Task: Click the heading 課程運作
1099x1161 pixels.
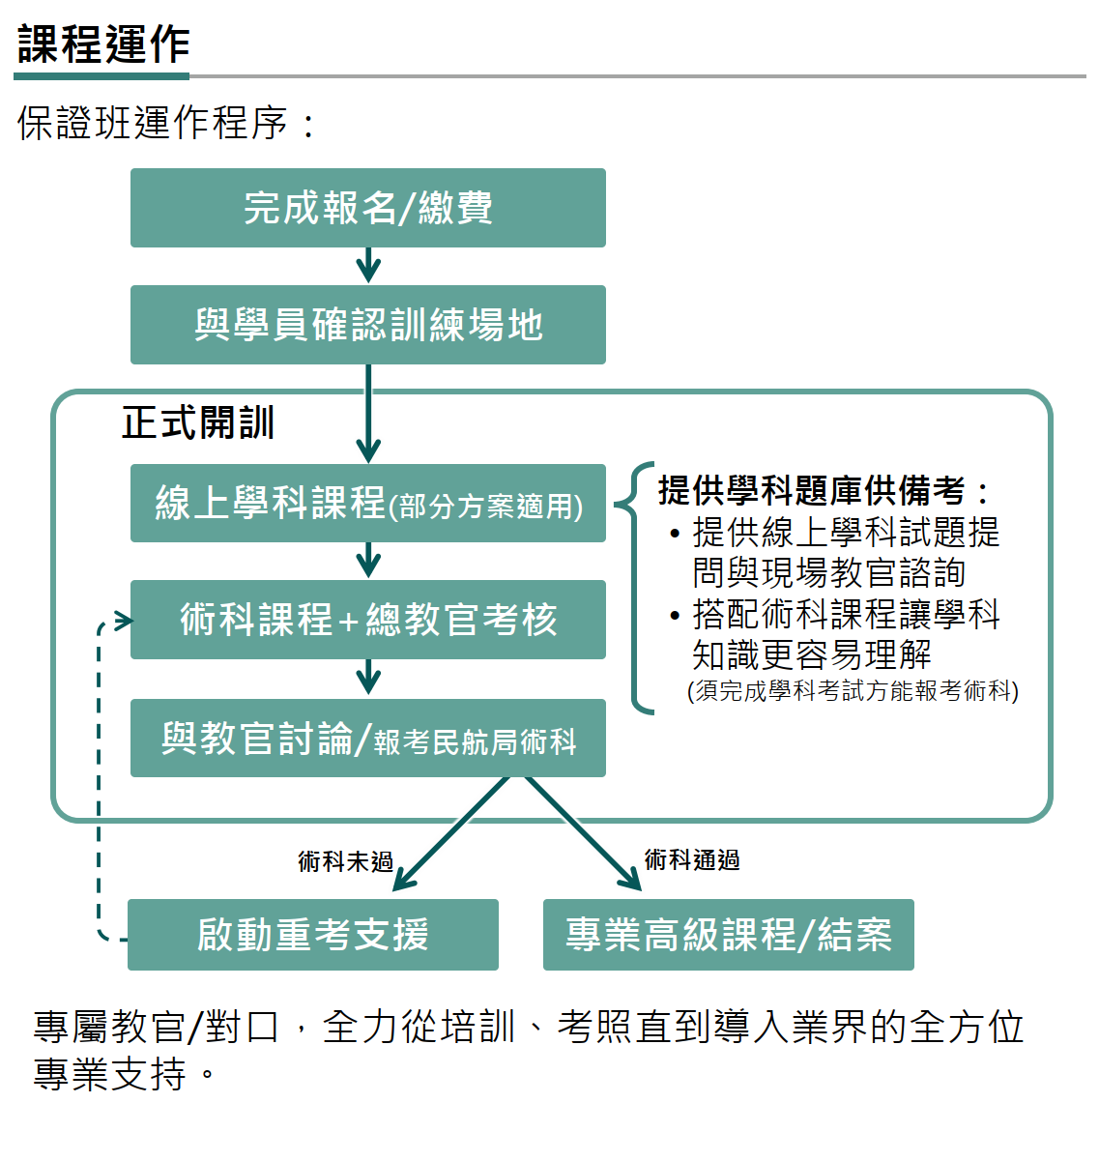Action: point(103,44)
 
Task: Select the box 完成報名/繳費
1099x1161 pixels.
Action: point(367,208)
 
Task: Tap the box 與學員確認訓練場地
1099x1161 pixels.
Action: point(367,325)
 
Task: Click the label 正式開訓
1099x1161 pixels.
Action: point(198,423)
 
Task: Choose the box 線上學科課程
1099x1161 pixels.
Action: point(367,503)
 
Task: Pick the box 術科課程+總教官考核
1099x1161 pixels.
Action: point(367,620)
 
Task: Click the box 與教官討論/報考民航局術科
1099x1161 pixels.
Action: point(367,739)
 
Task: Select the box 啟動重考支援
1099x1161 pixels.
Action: point(312,935)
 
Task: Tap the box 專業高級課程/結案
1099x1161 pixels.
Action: point(728,935)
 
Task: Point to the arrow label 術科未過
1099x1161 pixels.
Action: point(345,860)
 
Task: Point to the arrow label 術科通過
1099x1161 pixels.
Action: point(692,859)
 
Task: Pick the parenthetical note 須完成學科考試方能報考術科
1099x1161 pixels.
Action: point(853,691)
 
